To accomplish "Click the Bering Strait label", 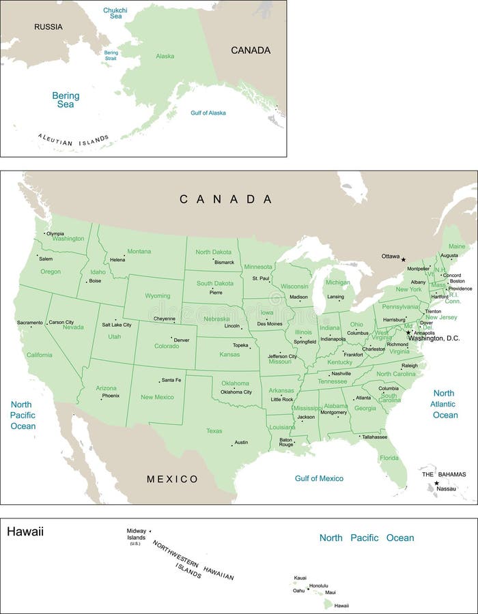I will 111,55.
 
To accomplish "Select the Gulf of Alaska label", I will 208,113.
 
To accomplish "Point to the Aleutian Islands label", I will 73,141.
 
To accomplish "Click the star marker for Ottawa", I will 403,259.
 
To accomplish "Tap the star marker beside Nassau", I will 437,484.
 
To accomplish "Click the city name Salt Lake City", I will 116,325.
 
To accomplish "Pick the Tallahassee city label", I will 375,437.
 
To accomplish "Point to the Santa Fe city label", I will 171,380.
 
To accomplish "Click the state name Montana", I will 139,251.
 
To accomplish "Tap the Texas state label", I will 214,430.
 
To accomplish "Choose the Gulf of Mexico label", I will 319,478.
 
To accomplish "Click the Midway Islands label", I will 136,534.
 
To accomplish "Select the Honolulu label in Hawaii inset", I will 319,585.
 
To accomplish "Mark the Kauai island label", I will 300,578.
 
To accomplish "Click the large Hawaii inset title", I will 25,531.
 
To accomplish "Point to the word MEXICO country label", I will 172,479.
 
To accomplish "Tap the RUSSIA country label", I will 48,27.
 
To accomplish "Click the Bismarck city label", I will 224,262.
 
